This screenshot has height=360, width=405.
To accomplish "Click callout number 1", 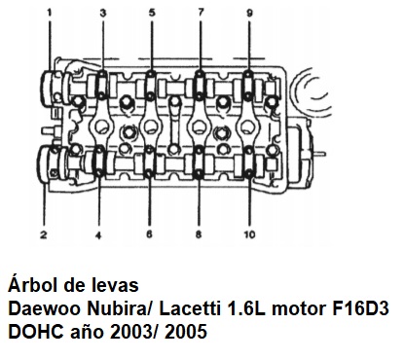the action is [50, 13].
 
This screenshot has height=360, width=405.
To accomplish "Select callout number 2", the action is [44, 234].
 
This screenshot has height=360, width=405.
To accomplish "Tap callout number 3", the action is [103, 13].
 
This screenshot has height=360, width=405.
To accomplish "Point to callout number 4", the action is [98, 235].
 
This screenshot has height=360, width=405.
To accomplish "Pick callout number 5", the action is [152, 13].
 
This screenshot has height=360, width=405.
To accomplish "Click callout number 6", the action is [149, 234].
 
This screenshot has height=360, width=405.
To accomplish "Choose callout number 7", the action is [201, 13].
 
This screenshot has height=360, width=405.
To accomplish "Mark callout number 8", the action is [199, 234].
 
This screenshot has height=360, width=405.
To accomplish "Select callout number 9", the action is [249, 13].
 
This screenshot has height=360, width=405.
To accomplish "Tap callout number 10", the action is [249, 234].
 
